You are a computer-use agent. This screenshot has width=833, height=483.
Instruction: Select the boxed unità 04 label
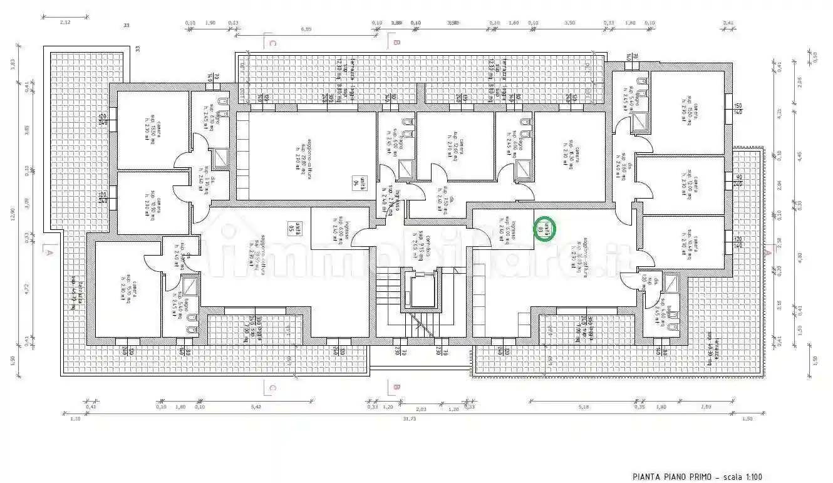pos(357,182)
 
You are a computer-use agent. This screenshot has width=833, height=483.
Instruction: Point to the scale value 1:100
pos(750,477)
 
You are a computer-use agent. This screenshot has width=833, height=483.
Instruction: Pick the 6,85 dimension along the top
pos(306,28)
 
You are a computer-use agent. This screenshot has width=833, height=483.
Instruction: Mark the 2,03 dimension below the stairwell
pos(421,409)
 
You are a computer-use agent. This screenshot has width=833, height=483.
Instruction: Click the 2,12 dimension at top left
pos(65,22)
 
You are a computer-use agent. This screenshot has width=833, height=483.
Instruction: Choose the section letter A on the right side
pos(768,251)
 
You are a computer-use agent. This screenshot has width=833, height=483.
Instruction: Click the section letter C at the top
pos(272,43)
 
